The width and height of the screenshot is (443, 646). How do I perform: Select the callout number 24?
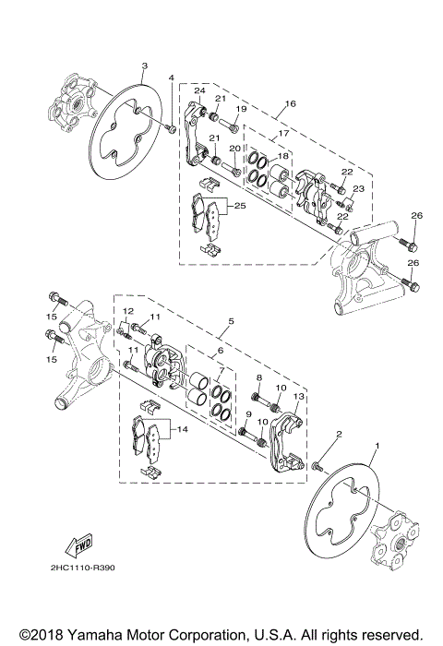[198, 90]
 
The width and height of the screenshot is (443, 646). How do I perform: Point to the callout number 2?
[339, 435]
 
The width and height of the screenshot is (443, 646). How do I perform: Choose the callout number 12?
[129, 311]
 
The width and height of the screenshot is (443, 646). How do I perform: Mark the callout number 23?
[359, 188]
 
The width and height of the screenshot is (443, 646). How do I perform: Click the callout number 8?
[259, 378]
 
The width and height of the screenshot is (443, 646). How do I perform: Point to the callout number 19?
[241, 110]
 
